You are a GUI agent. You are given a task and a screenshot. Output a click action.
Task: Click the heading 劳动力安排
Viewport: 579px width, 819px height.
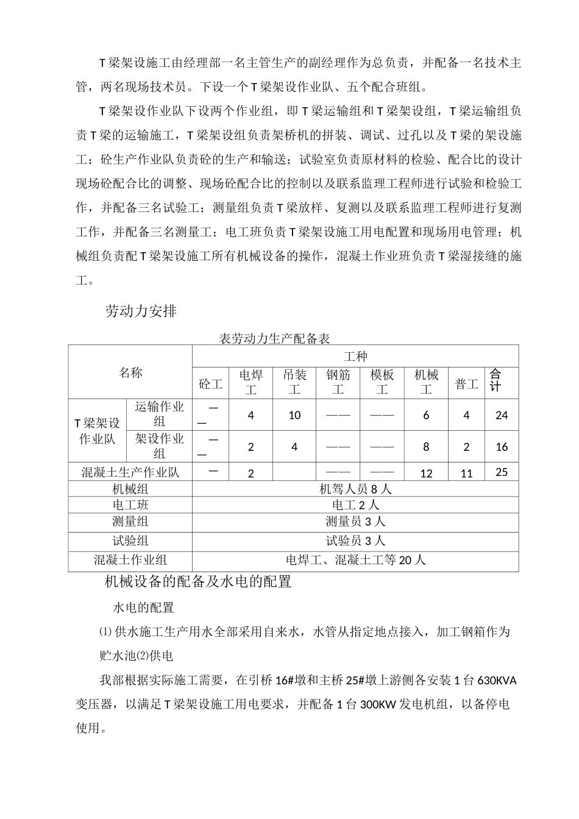pyautogui.click(x=141, y=311)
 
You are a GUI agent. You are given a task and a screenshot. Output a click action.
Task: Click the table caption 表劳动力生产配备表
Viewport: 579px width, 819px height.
pyautogui.click(x=274, y=339)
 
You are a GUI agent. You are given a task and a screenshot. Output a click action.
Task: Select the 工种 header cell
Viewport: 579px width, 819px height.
pyautogui.click(x=355, y=356)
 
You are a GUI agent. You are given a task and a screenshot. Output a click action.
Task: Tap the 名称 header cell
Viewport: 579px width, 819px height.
pyautogui.click(x=130, y=372)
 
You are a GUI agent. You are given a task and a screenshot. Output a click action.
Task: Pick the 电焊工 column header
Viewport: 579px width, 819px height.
pyautogui.click(x=250, y=382)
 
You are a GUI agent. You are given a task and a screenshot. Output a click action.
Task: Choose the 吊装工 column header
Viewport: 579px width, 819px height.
pyautogui.click(x=294, y=382)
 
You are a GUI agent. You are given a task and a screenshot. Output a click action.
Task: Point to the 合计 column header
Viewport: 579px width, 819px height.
pyautogui.click(x=496, y=380)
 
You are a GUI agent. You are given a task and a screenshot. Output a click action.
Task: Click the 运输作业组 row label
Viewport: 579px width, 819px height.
pyautogui.click(x=159, y=414)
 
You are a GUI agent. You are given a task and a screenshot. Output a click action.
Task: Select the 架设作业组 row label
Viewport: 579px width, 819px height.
pyautogui.click(x=159, y=446)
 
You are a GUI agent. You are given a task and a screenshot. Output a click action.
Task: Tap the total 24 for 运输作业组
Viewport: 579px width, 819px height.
pyautogui.click(x=502, y=415)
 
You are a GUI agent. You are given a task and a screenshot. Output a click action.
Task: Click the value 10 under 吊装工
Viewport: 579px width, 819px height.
pyautogui.click(x=294, y=415)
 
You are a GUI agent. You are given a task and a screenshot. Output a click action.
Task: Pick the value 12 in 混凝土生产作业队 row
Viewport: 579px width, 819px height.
pyautogui.click(x=426, y=473)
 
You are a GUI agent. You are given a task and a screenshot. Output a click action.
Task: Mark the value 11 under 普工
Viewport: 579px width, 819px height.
pyautogui.click(x=466, y=473)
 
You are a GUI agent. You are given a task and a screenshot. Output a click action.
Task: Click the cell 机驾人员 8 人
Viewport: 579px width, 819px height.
pyautogui.click(x=355, y=489)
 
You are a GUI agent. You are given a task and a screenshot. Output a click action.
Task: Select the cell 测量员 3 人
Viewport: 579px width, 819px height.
pyautogui.click(x=355, y=522)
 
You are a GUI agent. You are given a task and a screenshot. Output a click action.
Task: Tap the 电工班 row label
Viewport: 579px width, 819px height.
pyautogui.click(x=130, y=505)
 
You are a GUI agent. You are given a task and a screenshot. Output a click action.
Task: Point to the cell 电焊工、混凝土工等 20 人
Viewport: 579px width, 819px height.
pyautogui.click(x=355, y=559)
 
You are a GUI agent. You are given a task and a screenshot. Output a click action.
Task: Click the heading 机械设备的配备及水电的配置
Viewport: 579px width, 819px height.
pyautogui.click(x=199, y=582)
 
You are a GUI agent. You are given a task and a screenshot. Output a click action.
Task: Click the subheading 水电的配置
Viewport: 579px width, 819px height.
pyautogui.click(x=143, y=608)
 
